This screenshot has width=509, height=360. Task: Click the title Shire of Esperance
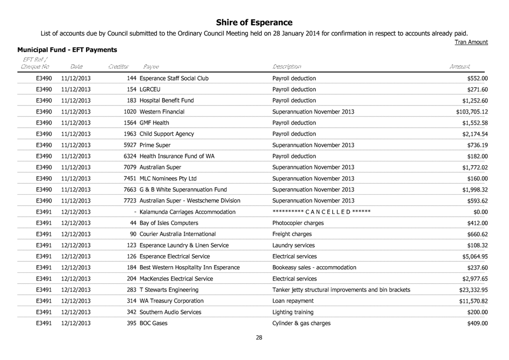(254, 22)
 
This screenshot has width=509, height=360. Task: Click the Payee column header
(151, 66)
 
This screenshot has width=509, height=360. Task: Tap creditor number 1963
(130, 133)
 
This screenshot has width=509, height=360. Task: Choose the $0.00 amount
(480, 211)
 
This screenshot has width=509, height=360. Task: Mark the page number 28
(259, 337)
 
